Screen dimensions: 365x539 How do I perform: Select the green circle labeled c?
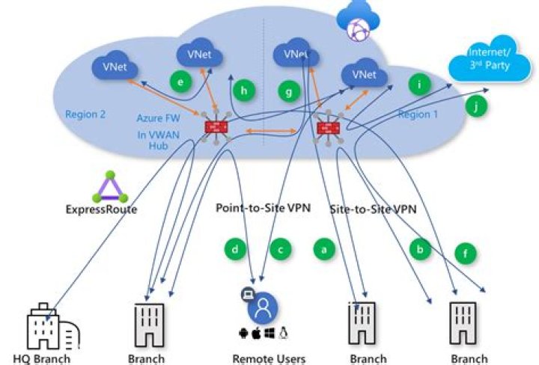(280, 248)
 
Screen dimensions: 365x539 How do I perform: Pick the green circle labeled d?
(235, 248)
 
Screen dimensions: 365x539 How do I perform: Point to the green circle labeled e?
(178, 81)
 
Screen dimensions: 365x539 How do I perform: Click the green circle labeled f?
(466, 254)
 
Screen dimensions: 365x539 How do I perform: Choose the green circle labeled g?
(288, 92)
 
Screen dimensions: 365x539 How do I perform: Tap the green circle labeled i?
(420, 85)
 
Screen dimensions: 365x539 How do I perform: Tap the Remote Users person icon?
(263, 307)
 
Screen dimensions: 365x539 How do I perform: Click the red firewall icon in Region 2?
(216, 127)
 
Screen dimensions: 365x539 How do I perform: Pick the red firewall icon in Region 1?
(326, 128)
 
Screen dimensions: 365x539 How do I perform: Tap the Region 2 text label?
(86, 114)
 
